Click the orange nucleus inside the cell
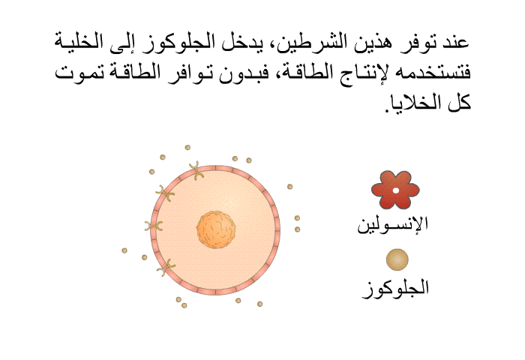click(216, 229)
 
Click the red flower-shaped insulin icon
click(395, 190)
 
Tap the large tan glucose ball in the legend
click(397, 259)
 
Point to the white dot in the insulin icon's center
click(396, 190)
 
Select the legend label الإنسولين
click(393, 224)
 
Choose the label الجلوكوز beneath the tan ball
click(395, 288)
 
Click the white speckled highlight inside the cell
click(231, 202)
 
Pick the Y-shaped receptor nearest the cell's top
click(196, 170)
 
